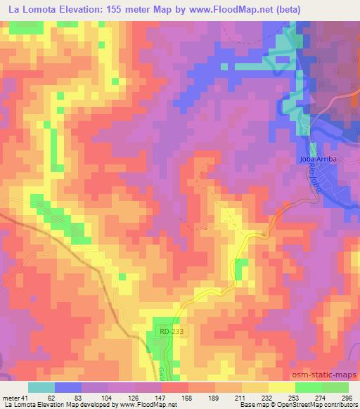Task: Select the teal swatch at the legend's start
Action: pyautogui.click(x=41, y=387)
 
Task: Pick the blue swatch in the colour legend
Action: pyautogui.click(x=68, y=387)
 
